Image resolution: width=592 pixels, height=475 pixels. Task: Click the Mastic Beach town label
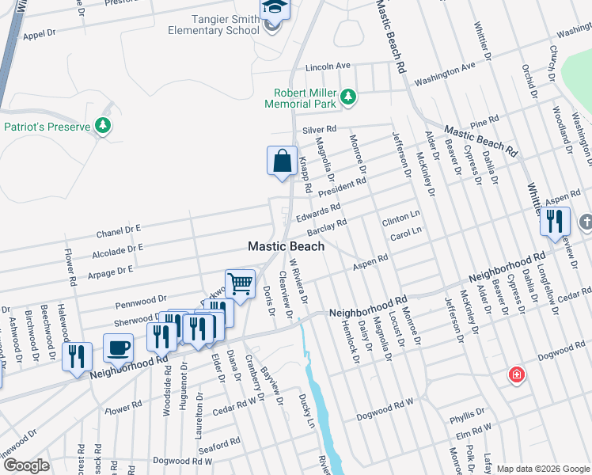[x=286, y=246]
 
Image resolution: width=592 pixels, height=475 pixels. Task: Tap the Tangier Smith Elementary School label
[x=214, y=24]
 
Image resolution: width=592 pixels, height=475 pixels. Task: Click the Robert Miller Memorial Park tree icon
[x=348, y=98]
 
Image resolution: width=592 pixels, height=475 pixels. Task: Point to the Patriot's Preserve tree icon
[x=102, y=125]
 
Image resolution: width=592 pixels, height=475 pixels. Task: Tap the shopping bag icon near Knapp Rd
[x=282, y=161]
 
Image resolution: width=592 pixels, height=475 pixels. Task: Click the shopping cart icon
[x=240, y=283]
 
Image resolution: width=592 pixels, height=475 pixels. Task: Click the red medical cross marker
[x=517, y=374]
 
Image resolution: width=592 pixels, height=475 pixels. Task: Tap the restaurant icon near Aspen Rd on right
[x=555, y=221]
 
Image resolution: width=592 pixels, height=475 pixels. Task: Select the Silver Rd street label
[x=319, y=129]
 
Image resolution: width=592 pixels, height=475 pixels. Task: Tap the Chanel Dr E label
[x=118, y=232]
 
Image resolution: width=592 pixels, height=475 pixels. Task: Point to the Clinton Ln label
[x=400, y=217]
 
